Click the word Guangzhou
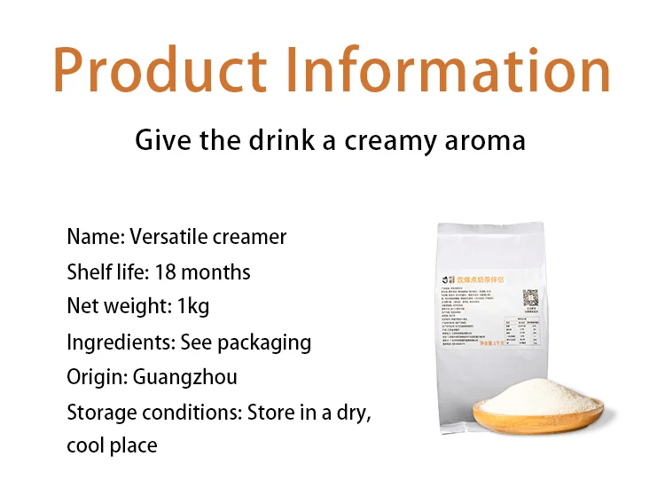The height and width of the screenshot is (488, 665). (185, 377)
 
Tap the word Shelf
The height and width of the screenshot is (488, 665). (90, 272)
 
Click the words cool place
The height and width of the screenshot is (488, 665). (112, 445)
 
